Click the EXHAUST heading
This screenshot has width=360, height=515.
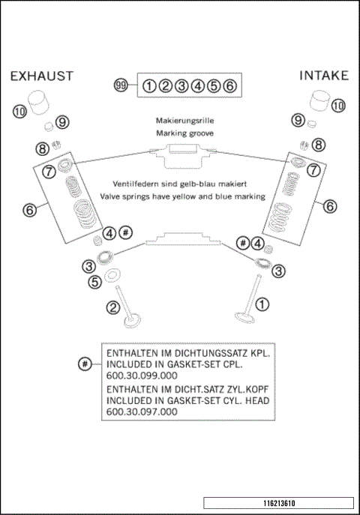(41, 76)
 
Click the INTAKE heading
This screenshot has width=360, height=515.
(324, 76)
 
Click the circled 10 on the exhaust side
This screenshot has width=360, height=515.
(19, 112)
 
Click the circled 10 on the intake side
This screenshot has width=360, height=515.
(339, 106)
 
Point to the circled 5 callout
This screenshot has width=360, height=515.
(94, 283)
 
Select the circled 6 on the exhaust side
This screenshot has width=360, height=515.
(29, 211)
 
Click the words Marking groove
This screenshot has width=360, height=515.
(184, 133)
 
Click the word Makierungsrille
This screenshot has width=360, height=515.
(184, 120)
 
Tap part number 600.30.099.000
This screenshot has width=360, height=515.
(142, 375)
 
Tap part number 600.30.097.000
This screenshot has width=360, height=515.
(142, 412)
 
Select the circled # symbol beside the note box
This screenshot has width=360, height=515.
(85, 364)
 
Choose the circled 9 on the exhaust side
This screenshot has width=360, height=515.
(61, 121)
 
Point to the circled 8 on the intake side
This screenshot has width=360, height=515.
(319, 145)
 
